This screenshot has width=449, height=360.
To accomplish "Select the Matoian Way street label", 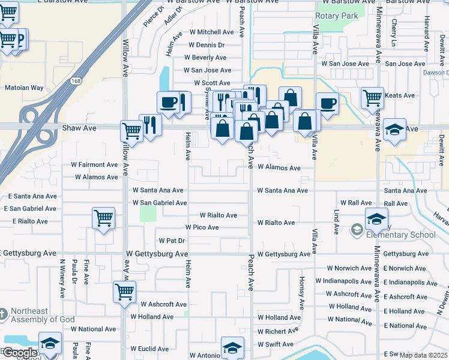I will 24,88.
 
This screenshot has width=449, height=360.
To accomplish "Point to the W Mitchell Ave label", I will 211,32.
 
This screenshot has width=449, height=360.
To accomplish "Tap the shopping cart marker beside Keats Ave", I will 372,97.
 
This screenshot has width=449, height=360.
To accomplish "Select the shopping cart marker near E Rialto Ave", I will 104,217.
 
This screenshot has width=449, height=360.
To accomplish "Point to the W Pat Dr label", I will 171,241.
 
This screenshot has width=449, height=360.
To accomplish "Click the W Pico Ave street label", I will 202,227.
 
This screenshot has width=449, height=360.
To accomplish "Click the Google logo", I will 20,352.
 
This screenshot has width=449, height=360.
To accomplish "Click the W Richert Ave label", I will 278,331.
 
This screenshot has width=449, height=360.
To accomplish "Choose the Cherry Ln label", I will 394,34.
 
